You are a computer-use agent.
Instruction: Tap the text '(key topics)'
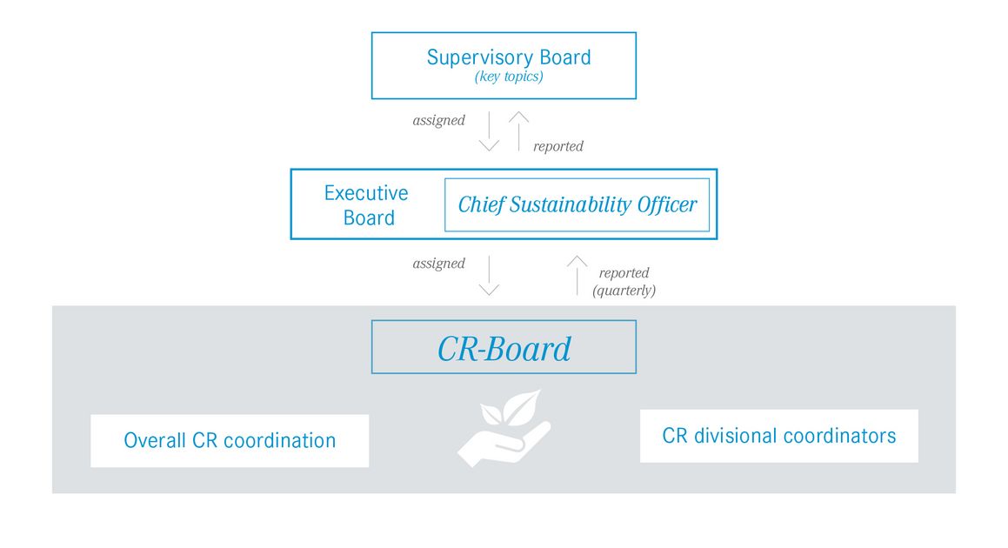tap(509, 77)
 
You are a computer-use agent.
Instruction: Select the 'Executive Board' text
tap(366, 205)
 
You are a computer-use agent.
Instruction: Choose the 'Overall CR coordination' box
tap(230, 441)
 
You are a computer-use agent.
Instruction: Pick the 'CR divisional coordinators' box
tap(778, 436)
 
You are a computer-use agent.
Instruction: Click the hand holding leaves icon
tap(504, 428)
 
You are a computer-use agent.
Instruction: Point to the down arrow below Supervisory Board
tap(489, 131)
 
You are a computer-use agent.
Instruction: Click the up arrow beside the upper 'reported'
tap(519, 131)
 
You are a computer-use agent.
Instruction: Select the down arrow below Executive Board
tap(489, 275)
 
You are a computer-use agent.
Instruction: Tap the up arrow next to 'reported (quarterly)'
tap(577, 275)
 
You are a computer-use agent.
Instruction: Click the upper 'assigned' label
tap(438, 121)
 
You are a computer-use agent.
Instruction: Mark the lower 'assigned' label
tap(438, 264)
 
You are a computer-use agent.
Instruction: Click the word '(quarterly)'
tap(624, 291)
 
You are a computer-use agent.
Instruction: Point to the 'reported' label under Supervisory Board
tap(558, 147)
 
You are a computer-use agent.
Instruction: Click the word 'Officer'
tap(667, 205)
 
